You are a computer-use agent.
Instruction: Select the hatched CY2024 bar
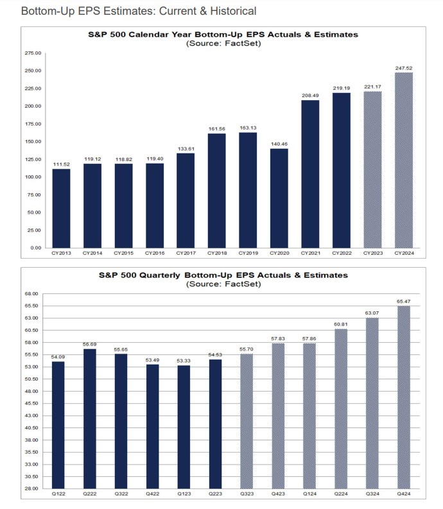click(403, 160)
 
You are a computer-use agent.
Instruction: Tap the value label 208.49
click(310, 95)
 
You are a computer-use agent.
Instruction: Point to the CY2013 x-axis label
click(62, 253)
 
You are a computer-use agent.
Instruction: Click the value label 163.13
click(248, 127)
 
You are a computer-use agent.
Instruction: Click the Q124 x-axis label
click(310, 494)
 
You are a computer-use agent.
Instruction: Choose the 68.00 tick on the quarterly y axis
click(32, 294)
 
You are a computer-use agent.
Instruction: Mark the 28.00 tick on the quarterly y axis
click(32, 488)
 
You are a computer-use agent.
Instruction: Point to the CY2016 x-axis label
click(155, 253)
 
